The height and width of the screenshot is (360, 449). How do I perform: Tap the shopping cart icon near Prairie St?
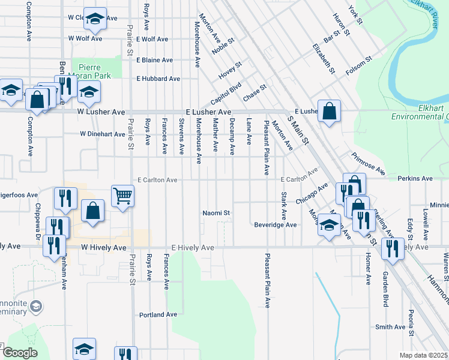pos(122,195)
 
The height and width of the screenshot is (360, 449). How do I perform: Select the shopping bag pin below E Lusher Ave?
pos(330,111)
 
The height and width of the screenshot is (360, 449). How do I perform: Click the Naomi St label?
pos(216,213)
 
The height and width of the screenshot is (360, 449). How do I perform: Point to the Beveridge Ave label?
pos(274,225)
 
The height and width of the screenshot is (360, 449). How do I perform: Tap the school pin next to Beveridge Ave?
pos(329,226)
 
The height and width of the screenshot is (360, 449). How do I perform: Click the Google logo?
pos(19,353)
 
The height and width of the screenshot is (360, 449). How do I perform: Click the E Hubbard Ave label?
pos(158,79)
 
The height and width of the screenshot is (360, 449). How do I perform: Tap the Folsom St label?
pos(360,67)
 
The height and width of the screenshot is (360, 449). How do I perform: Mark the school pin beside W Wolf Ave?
pos(95,19)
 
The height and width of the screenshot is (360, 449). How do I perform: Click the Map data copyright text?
pos(423,355)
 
